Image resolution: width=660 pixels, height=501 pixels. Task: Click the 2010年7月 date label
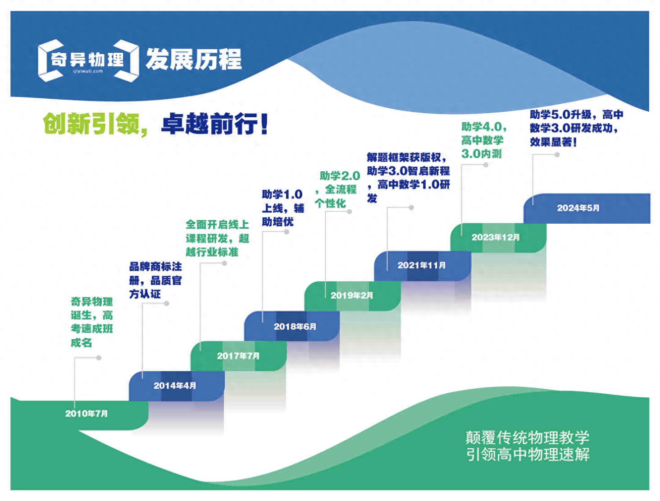coord(86,414)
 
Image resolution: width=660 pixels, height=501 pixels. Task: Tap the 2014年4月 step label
coord(175,386)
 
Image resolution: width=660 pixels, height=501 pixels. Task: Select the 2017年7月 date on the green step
coord(238,356)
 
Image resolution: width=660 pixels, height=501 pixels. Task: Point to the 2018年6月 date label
coord(295,326)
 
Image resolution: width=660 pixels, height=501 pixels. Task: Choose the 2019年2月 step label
coord(352,295)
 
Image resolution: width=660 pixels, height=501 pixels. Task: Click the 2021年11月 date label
coord(422,265)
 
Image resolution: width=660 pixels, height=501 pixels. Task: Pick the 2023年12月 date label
coord(496,237)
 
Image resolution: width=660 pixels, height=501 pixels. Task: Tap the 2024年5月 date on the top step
coord(578,208)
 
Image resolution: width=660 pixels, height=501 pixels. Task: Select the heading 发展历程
coord(194,60)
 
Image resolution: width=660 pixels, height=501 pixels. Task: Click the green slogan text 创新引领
coord(91,124)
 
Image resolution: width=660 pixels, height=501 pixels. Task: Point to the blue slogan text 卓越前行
coord(214,124)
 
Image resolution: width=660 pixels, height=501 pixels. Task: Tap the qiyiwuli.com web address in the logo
coord(88,71)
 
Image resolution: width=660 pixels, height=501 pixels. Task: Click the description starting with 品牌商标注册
coord(155,280)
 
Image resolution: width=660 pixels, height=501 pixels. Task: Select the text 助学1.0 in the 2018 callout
coord(282,194)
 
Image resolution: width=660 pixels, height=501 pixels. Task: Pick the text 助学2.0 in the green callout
coord(340,176)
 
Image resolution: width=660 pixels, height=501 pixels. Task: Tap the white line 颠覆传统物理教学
coord(528,437)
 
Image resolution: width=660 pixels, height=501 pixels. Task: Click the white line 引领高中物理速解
coord(528,454)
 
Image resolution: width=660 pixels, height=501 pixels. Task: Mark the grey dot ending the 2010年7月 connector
coord(99,358)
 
